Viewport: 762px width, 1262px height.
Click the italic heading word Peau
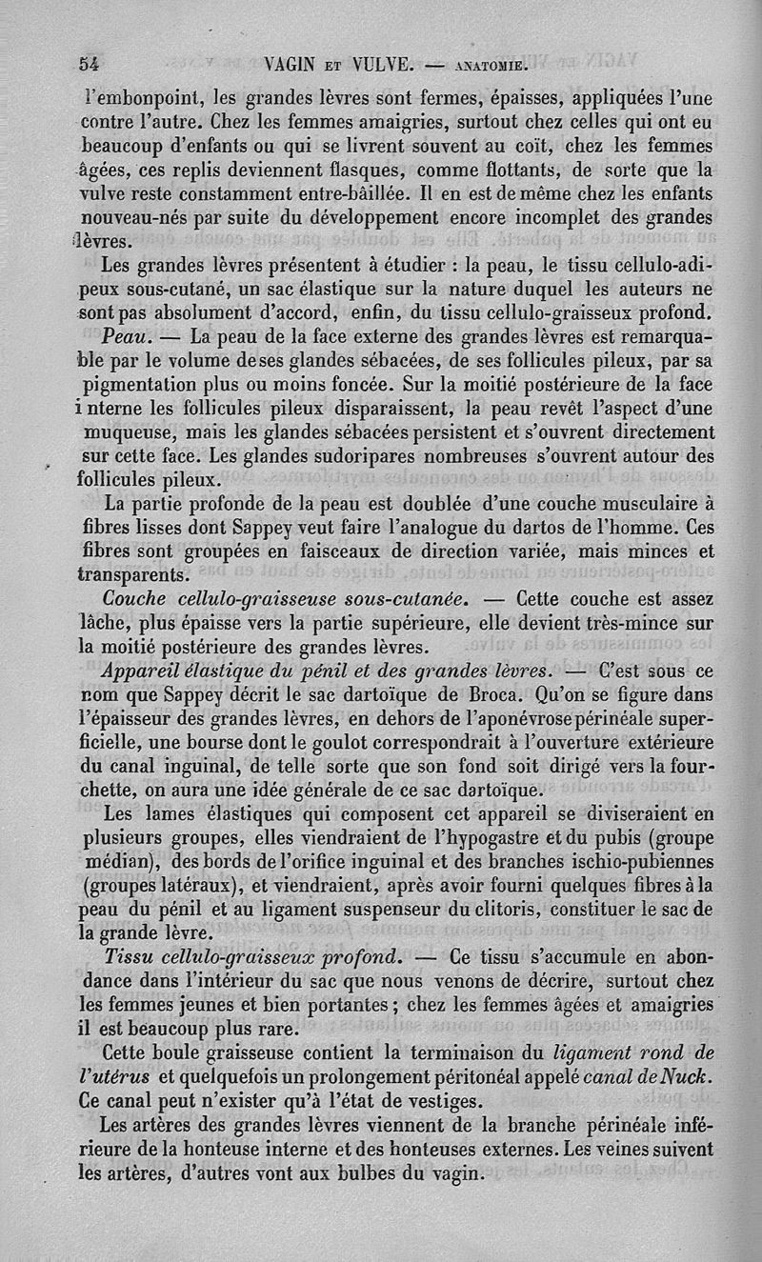[124, 338]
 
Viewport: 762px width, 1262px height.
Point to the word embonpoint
[143, 97]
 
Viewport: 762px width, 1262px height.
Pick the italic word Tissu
[132, 955]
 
